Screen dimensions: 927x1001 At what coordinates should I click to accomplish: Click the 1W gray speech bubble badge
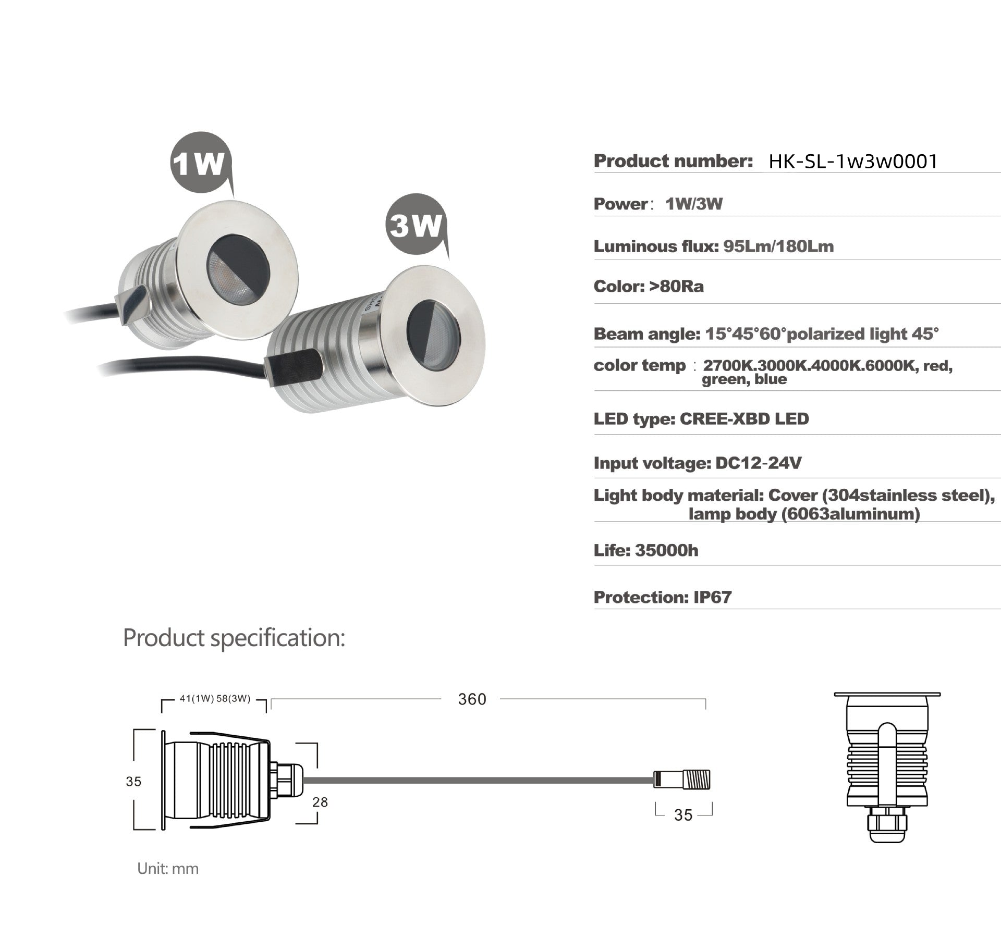(200, 163)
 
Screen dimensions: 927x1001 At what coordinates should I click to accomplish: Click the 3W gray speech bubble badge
(416, 225)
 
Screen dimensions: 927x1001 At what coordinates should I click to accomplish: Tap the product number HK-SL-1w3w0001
(853, 161)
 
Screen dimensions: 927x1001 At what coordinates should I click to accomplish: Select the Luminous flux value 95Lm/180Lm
(778, 246)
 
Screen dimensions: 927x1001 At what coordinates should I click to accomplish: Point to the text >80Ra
(676, 287)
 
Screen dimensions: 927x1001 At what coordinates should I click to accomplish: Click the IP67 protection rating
(712, 597)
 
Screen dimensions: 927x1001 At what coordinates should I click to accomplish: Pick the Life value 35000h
(666, 550)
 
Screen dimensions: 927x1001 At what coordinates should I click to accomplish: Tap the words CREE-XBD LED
(744, 419)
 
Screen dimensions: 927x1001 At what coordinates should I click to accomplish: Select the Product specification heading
(234, 638)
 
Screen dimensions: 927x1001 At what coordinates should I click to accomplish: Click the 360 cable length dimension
(472, 699)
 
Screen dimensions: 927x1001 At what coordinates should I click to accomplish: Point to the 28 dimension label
(320, 802)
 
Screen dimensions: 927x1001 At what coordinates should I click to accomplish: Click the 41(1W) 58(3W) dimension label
(215, 699)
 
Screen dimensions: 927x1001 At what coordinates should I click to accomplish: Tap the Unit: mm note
(168, 869)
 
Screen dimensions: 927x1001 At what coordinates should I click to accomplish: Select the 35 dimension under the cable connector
(683, 815)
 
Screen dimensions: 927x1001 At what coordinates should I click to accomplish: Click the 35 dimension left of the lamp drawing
(133, 782)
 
